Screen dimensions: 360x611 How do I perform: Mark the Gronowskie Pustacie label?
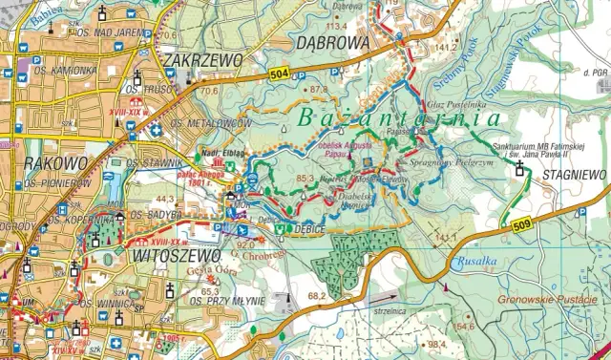[553, 300]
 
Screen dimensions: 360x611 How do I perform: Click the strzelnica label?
[386, 307]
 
